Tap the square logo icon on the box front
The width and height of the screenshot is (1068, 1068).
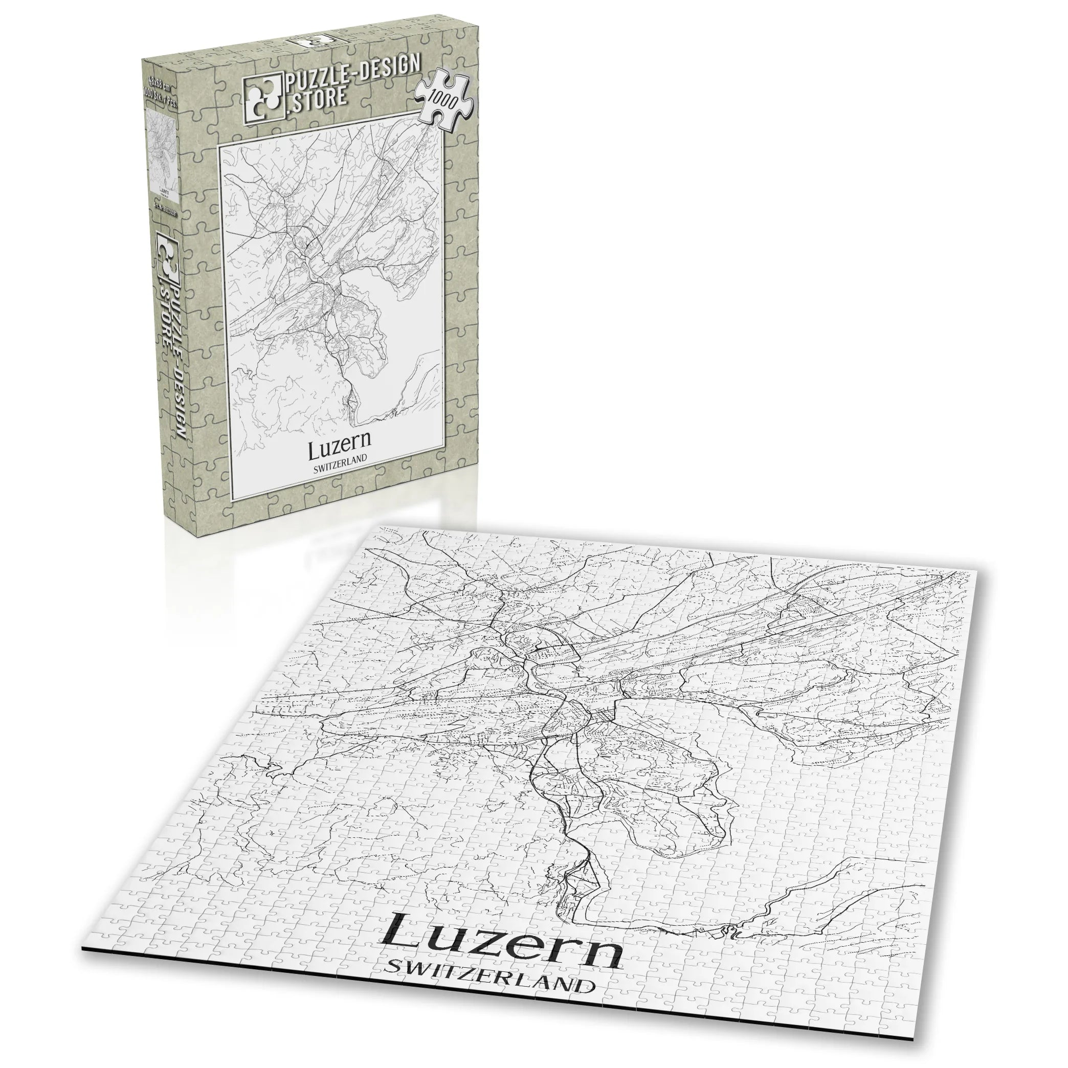pos(262,97)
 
